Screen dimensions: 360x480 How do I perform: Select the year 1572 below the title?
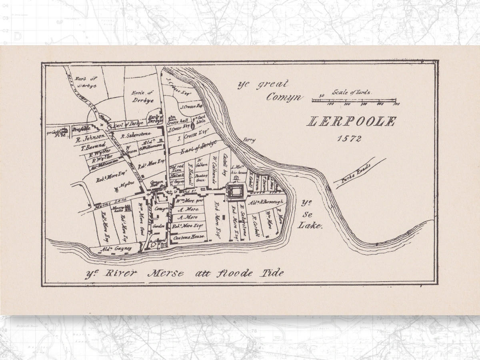(349, 138)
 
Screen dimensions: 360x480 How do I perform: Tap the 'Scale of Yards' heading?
(352, 92)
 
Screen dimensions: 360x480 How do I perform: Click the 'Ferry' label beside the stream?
(248, 140)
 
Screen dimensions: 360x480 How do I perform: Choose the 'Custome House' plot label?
(188, 237)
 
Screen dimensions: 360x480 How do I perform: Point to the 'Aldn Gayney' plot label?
(116, 249)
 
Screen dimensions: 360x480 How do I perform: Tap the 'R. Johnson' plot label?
(90, 136)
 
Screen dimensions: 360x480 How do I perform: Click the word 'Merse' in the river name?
(166, 274)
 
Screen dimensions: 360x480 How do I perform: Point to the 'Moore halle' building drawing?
(128, 208)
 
